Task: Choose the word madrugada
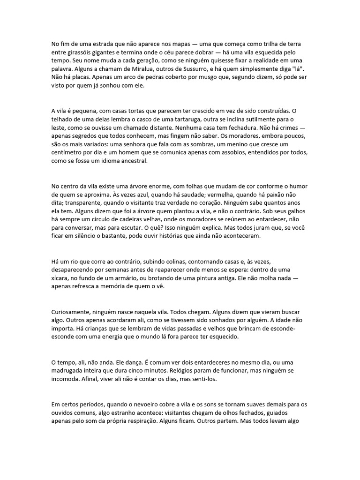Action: point(69,371)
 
